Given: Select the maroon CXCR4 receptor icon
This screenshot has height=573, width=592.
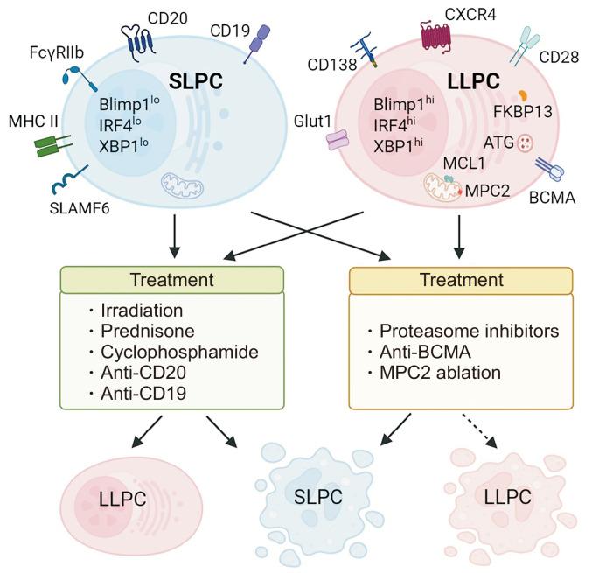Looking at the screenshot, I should tap(439, 37).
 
